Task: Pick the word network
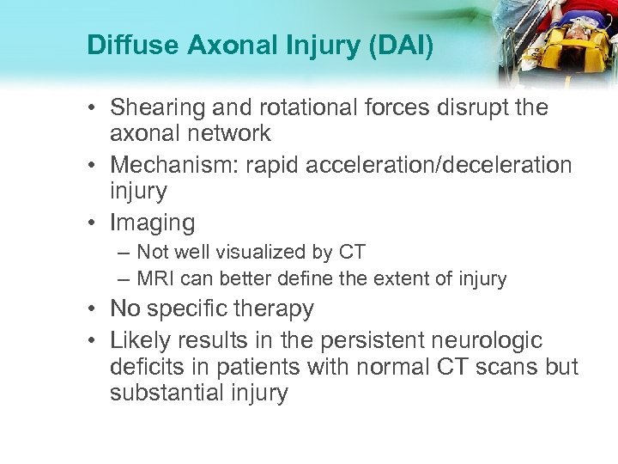[x=227, y=133]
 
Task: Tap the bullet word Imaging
[x=153, y=223]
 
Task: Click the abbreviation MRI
[x=155, y=278]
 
